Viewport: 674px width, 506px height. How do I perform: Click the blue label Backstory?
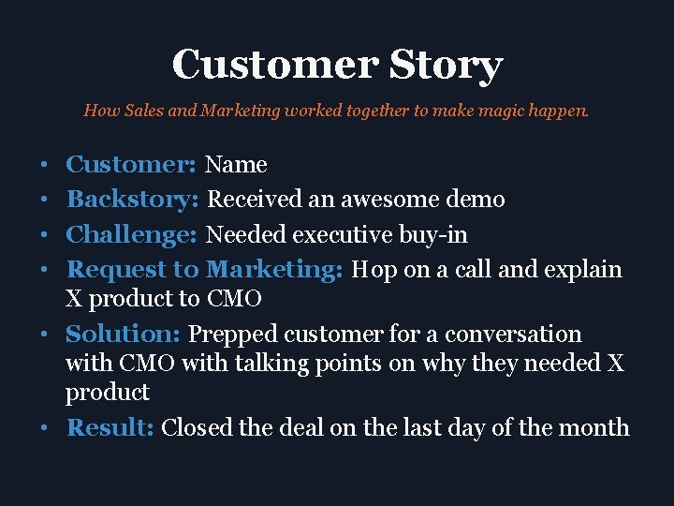point(134,199)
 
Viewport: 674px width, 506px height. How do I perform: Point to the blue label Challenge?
point(133,233)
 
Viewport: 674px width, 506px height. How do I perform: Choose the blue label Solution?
point(124,334)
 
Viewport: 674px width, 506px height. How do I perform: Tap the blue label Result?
point(110,427)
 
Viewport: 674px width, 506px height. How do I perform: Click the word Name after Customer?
point(236,165)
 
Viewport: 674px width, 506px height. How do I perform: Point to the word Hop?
point(374,270)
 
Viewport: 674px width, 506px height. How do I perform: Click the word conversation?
point(513,334)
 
